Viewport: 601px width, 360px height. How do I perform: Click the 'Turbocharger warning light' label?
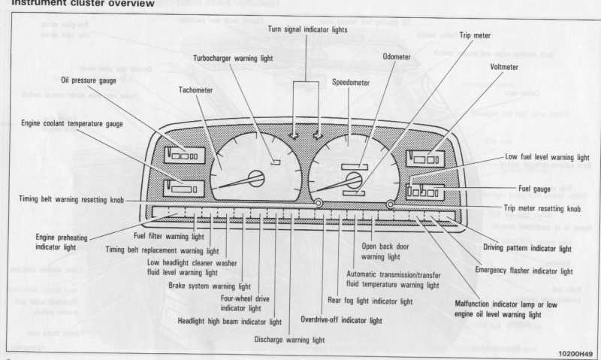[233, 57]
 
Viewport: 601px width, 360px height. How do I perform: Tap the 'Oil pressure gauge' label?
[89, 80]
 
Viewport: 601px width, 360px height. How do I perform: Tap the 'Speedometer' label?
[351, 82]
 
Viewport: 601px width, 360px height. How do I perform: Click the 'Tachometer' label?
[196, 90]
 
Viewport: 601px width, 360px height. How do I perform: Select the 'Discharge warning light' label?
[289, 340]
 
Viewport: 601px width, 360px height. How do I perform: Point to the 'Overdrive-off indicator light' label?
[341, 319]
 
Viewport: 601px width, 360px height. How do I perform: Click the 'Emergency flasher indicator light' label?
[524, 271]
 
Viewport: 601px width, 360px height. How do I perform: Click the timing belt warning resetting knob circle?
[319, 204]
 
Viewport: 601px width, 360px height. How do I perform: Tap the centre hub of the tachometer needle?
[256, 178]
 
